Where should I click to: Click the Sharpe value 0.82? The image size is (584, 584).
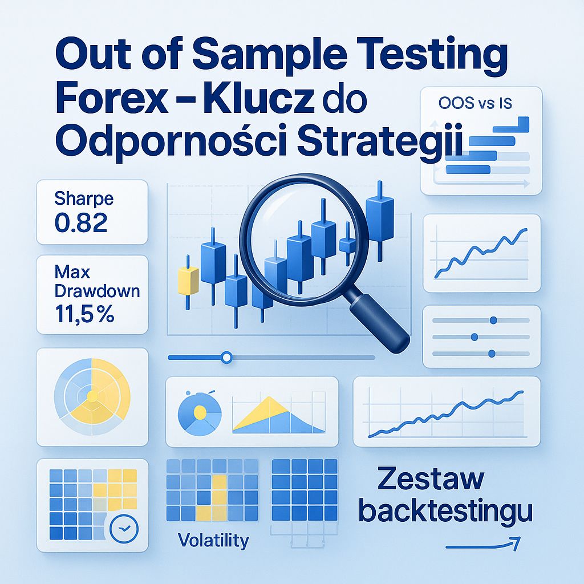click(x=81, y=223)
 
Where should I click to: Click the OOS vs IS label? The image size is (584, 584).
click(x=476, y=103)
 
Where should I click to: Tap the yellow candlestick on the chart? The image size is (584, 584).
click(x=188, y=280)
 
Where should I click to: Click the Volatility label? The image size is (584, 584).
click(x=213, y=540)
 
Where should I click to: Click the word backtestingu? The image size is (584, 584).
click(x=445, y=510)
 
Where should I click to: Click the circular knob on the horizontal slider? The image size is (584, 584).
click(x=226, y=358)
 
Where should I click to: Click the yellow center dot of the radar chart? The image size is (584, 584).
click(x=91, y=394)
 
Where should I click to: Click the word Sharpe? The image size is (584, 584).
click(x=84, y=199)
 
